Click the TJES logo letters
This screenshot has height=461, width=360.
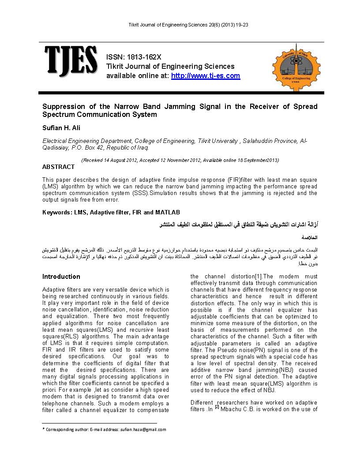pyautogui.click(x=71, y=60)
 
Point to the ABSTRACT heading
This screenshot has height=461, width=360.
pyautogui.click(x=58, y=167)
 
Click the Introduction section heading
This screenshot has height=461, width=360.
pyautogui.click(x=61, y=277)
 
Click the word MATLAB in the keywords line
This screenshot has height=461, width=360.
pyautogui.click(x=168, y=213)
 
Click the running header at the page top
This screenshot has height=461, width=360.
pyautogui.click(x=181, y=25)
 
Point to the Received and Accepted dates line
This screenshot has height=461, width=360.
pyautogui.click(x=180, y=160)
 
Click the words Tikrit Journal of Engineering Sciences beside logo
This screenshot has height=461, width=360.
pyautogui.click(x=170, y=67)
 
